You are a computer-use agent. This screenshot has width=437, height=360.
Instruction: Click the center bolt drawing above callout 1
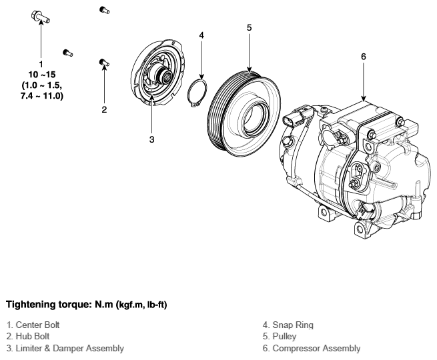(x=41, y=17)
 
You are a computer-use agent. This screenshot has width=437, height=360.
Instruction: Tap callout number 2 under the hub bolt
(x=104, y=110)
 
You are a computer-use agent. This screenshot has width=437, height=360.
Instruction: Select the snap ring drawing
(x=197, y=93)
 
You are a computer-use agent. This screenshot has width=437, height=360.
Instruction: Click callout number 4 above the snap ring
(x=201, y=35)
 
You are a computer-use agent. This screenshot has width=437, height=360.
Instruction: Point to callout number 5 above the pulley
(x=249, y=27)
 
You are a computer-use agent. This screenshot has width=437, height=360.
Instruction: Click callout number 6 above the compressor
(x=364, y=57)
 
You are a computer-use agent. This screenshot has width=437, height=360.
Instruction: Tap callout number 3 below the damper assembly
(x=151, y=139)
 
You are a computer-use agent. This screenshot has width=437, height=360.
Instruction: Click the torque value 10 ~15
(x=42, y=75)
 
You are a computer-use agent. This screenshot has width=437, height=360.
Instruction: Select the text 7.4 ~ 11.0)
(x=42, y=96)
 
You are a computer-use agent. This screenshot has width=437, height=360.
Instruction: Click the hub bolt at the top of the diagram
(x=105, y=10)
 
